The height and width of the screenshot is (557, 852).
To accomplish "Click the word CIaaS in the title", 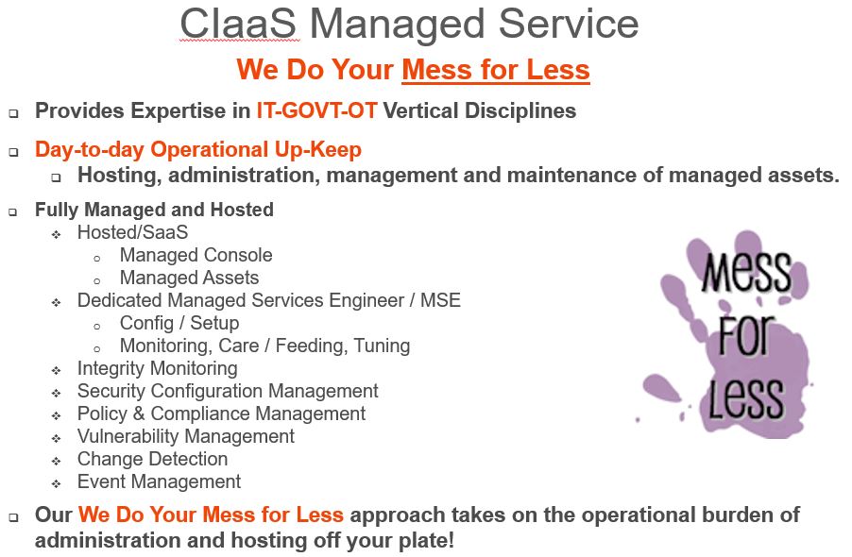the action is point(239,24).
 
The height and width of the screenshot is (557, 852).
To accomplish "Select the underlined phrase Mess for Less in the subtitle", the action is point(496,70).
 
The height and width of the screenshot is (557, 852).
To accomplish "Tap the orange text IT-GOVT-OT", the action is point(316,110).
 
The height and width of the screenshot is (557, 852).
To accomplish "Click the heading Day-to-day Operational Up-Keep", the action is point(198,150).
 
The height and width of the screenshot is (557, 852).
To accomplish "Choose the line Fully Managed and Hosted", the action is point(154,210).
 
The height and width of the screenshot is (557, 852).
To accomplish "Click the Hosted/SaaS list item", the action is point(132,232).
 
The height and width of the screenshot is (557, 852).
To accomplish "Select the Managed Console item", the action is point(196,255).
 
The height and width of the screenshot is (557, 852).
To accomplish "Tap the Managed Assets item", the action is point(189,278).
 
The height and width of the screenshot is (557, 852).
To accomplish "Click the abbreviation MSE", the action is point(441,300).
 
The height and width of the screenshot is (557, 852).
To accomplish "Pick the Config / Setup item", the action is point(179,323).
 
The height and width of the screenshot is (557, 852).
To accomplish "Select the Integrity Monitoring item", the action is point(158,368).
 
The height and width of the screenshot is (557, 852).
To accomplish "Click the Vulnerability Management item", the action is point(186,436).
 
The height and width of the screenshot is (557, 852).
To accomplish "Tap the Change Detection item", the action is point(152,459).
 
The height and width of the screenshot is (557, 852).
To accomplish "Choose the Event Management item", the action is point(160,481).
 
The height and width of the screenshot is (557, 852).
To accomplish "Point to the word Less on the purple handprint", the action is point(746,398).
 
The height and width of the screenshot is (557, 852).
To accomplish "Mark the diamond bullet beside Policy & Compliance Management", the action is point(57,415).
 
